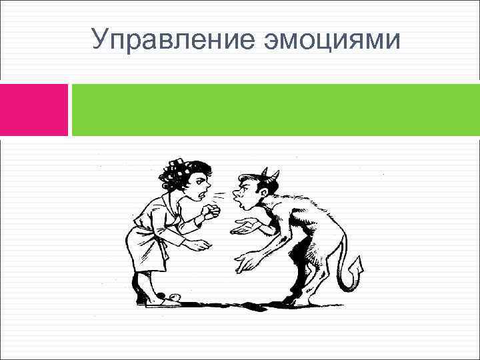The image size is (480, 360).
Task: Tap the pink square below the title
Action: point(34,109)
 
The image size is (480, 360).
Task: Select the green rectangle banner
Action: point(275,109)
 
